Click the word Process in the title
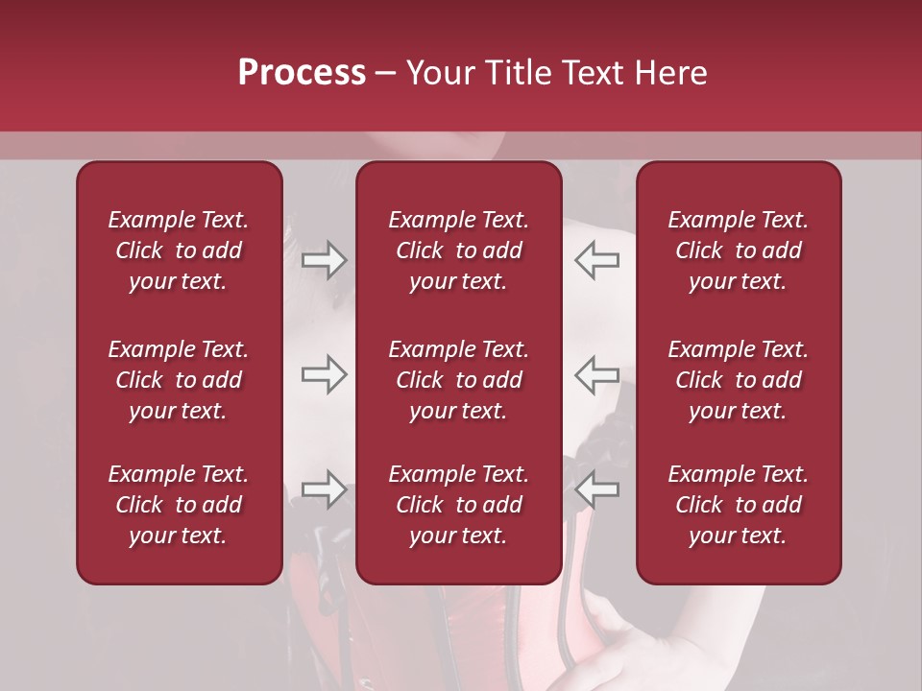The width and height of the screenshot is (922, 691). (302, 73)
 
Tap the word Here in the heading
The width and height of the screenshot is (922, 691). (671, 73)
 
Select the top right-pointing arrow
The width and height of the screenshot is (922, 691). (324, 260)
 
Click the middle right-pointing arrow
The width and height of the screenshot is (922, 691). (324, 374)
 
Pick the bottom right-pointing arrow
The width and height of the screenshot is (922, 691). (324, 489)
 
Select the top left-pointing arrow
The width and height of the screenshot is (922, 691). (597, 260)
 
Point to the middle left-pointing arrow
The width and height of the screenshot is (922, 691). (597, 374)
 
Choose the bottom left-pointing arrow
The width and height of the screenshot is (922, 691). (597, 489)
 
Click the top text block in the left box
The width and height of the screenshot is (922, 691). (179, 250)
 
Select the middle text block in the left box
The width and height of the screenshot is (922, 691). (179, 380)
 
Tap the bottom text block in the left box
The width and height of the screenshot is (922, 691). (179, 505)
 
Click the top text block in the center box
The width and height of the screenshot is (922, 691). (458, 250)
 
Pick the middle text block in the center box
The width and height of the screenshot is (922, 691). (458, 380)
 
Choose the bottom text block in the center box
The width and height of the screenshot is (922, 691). (458, 505)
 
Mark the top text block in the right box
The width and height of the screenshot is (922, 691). (738, 250)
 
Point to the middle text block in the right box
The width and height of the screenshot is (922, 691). (738, 380)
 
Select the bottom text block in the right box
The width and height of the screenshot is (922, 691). (738, 505)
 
